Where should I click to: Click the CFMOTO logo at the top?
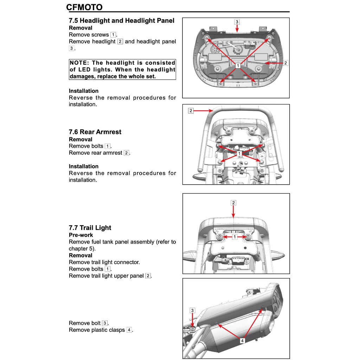tap(84, 7)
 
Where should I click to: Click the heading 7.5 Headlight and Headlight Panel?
tap(121, 21)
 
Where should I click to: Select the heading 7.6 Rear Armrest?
tap(95, 132)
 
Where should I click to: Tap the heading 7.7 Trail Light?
tap(90, 227)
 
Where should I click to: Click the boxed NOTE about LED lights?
tap(122, 70)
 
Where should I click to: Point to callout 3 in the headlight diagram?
tap(237, 22)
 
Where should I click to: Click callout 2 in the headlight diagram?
tap(285, 63)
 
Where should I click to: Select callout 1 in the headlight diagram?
tap(238, 65)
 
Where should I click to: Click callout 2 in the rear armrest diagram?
tap(191, 111)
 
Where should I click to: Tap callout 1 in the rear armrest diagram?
tap(239, 154)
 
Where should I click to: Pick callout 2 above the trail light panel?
tap(233, 203)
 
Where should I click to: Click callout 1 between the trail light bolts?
tap(234, 237)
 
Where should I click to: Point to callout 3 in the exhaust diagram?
tap(192, 310)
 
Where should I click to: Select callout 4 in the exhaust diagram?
tap(242, 340)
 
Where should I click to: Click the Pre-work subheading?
tap(81, 235)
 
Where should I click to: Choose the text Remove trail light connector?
tap(104, 262)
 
